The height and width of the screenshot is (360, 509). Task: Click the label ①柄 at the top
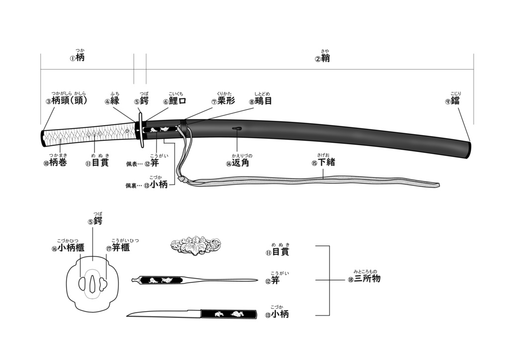(77, 58)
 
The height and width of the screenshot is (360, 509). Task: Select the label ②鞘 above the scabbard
(322, 59)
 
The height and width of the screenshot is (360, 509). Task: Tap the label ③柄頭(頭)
(67, 100)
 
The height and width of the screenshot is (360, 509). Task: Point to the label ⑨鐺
(453, 100)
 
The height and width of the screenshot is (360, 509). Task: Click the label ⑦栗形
(223, 100)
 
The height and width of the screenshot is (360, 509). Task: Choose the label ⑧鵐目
(260, 100)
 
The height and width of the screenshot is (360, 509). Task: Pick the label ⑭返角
(238, 163)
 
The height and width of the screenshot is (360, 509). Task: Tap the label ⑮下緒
(323, 162)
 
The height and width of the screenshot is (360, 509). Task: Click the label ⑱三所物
(364, 278)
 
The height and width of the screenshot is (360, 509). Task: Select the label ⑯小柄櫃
(68, 248)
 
